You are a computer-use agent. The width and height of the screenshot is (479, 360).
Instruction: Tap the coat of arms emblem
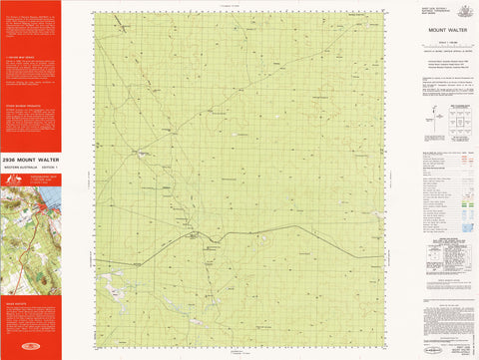[461, 9]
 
